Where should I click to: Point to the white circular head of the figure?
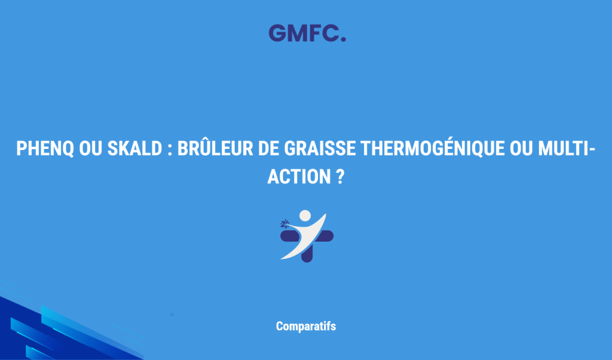305,215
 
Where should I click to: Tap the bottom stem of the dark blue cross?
307,256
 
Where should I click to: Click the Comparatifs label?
305,327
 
